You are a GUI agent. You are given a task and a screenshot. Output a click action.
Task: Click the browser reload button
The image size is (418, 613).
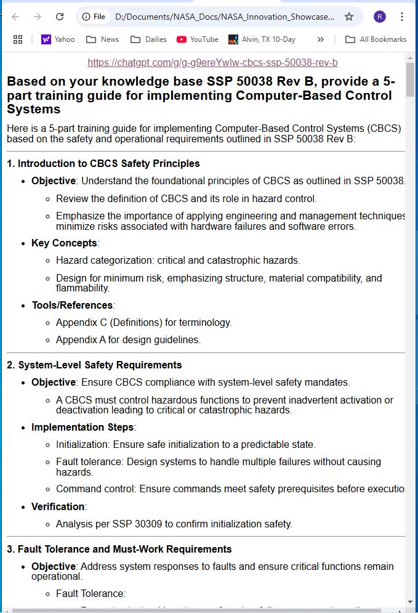point(60,17)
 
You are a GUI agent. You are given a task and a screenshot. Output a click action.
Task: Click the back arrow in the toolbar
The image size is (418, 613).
point(16,17)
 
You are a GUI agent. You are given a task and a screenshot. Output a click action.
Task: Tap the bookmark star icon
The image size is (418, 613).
point(349,17)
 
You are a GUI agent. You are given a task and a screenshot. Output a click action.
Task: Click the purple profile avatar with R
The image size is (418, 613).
point(380,17)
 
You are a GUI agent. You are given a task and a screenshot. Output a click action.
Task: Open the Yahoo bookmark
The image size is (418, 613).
point(58,39)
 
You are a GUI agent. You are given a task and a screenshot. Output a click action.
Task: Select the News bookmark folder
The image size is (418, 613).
point(102,39)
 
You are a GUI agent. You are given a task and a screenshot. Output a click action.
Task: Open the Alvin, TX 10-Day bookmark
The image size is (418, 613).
point(262,39)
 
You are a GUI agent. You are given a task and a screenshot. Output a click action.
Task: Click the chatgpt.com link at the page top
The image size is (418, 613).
point(212,63)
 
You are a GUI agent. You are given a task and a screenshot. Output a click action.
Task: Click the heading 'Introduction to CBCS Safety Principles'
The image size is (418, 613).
point(108,164)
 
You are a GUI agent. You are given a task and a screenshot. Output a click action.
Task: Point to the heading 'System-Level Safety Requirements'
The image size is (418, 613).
point(100,365)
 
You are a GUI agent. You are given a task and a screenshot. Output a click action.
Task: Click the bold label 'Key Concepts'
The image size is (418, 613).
point(64,243)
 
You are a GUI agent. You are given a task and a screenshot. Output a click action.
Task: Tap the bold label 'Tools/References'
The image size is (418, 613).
point(72,306)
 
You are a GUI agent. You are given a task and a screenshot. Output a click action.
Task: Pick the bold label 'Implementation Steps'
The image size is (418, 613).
point(82,428)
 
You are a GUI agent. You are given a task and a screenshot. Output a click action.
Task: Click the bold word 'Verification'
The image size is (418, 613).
point(58,507)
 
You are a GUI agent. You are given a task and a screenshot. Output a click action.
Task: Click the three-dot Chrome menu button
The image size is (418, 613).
point(402,17)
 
